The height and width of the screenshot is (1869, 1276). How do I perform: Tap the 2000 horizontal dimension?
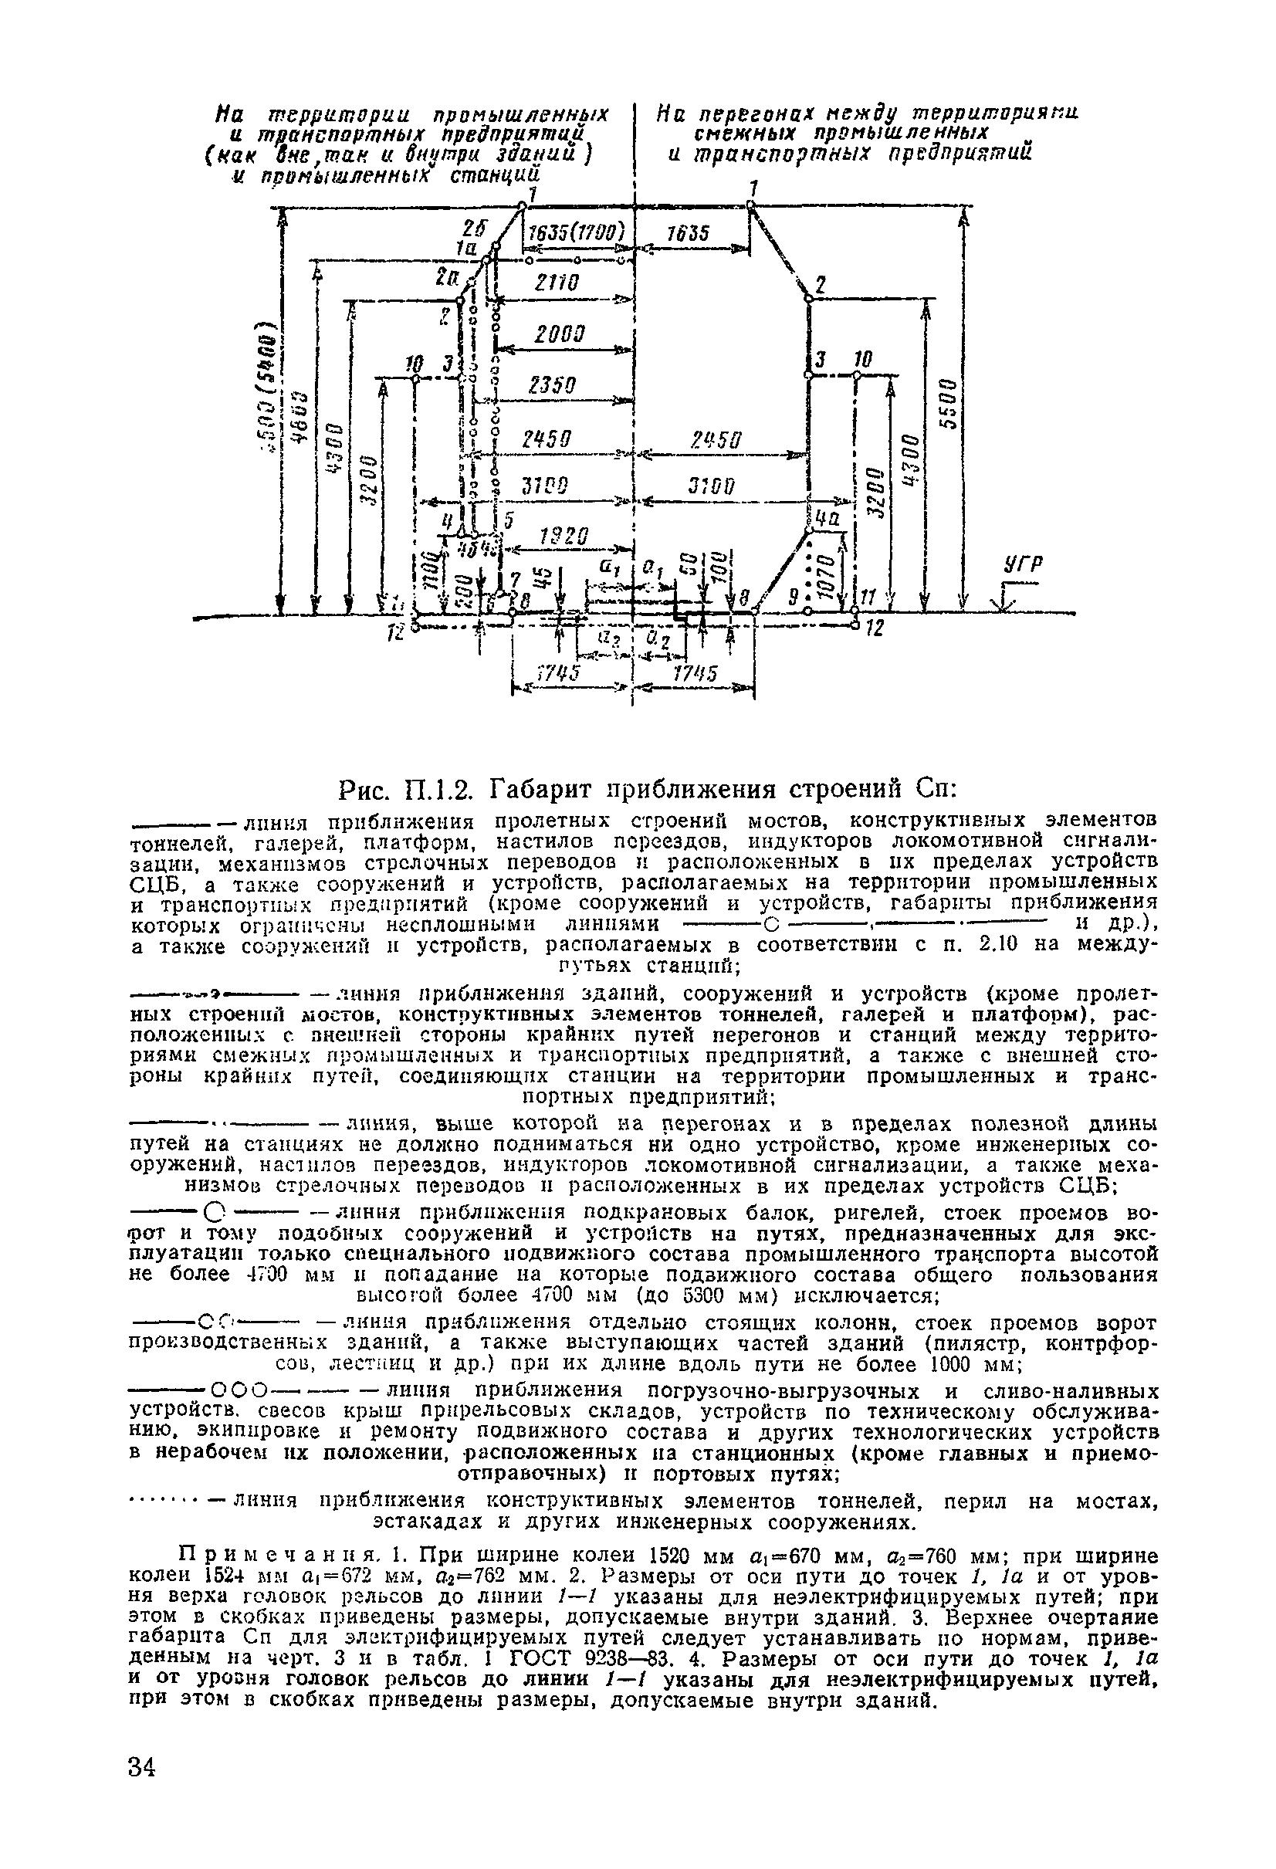[x=560, y=334]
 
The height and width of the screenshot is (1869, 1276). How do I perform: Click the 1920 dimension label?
[x=565, y=537]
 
